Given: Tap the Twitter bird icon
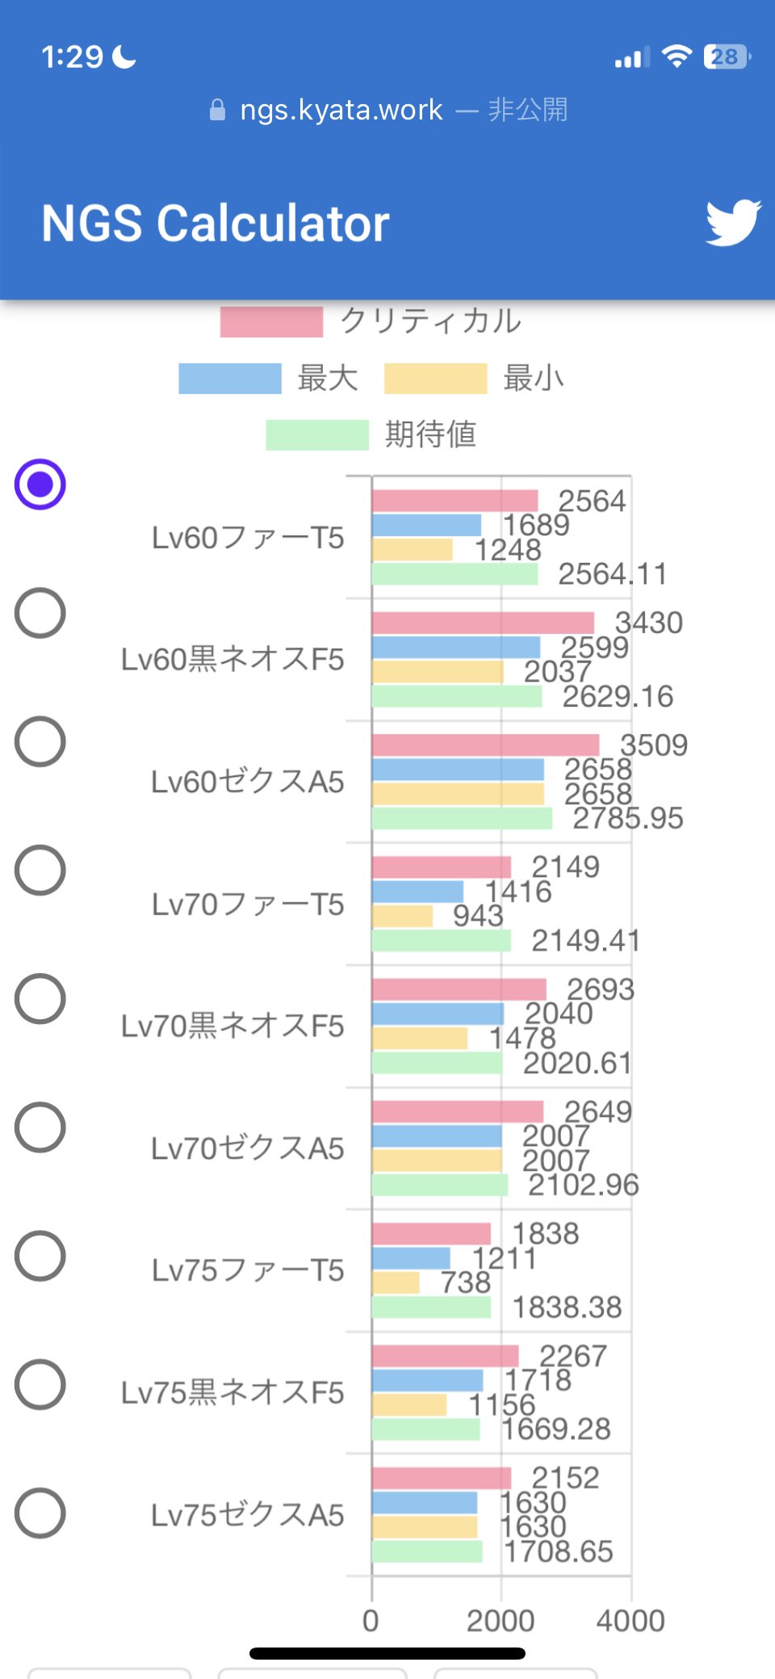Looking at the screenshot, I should tap(733, 222).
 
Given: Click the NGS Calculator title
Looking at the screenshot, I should tap(216, 224).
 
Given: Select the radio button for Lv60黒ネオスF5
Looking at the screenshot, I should tap(40, 613).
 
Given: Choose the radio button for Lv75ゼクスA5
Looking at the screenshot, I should tap(40, 1513).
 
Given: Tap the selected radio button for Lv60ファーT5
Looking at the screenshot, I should tap(40, 485).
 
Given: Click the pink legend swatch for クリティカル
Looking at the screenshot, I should tap(271, 321).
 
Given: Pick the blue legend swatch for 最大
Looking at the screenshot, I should tap(230, 378).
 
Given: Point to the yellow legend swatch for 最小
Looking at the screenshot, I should tap(435, 378).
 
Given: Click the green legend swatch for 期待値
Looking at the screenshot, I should tap(317, 434).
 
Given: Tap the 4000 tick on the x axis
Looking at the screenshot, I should tap(630, 1620).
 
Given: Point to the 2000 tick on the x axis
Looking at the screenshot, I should tap(501, 1620).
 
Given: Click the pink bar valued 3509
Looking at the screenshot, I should tap(485, 745).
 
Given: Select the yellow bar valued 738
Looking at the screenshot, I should tap(396, 1282).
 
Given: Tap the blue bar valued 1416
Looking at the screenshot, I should tap(417, 892).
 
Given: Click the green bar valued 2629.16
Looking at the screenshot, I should tap(457, 696).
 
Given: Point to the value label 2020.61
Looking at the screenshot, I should tap(577, 1063).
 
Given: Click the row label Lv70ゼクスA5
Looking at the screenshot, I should tap(248, 1148).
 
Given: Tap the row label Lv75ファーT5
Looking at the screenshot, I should tap(248, 1270).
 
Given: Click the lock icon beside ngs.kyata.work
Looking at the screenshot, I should tap(217, 110).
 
